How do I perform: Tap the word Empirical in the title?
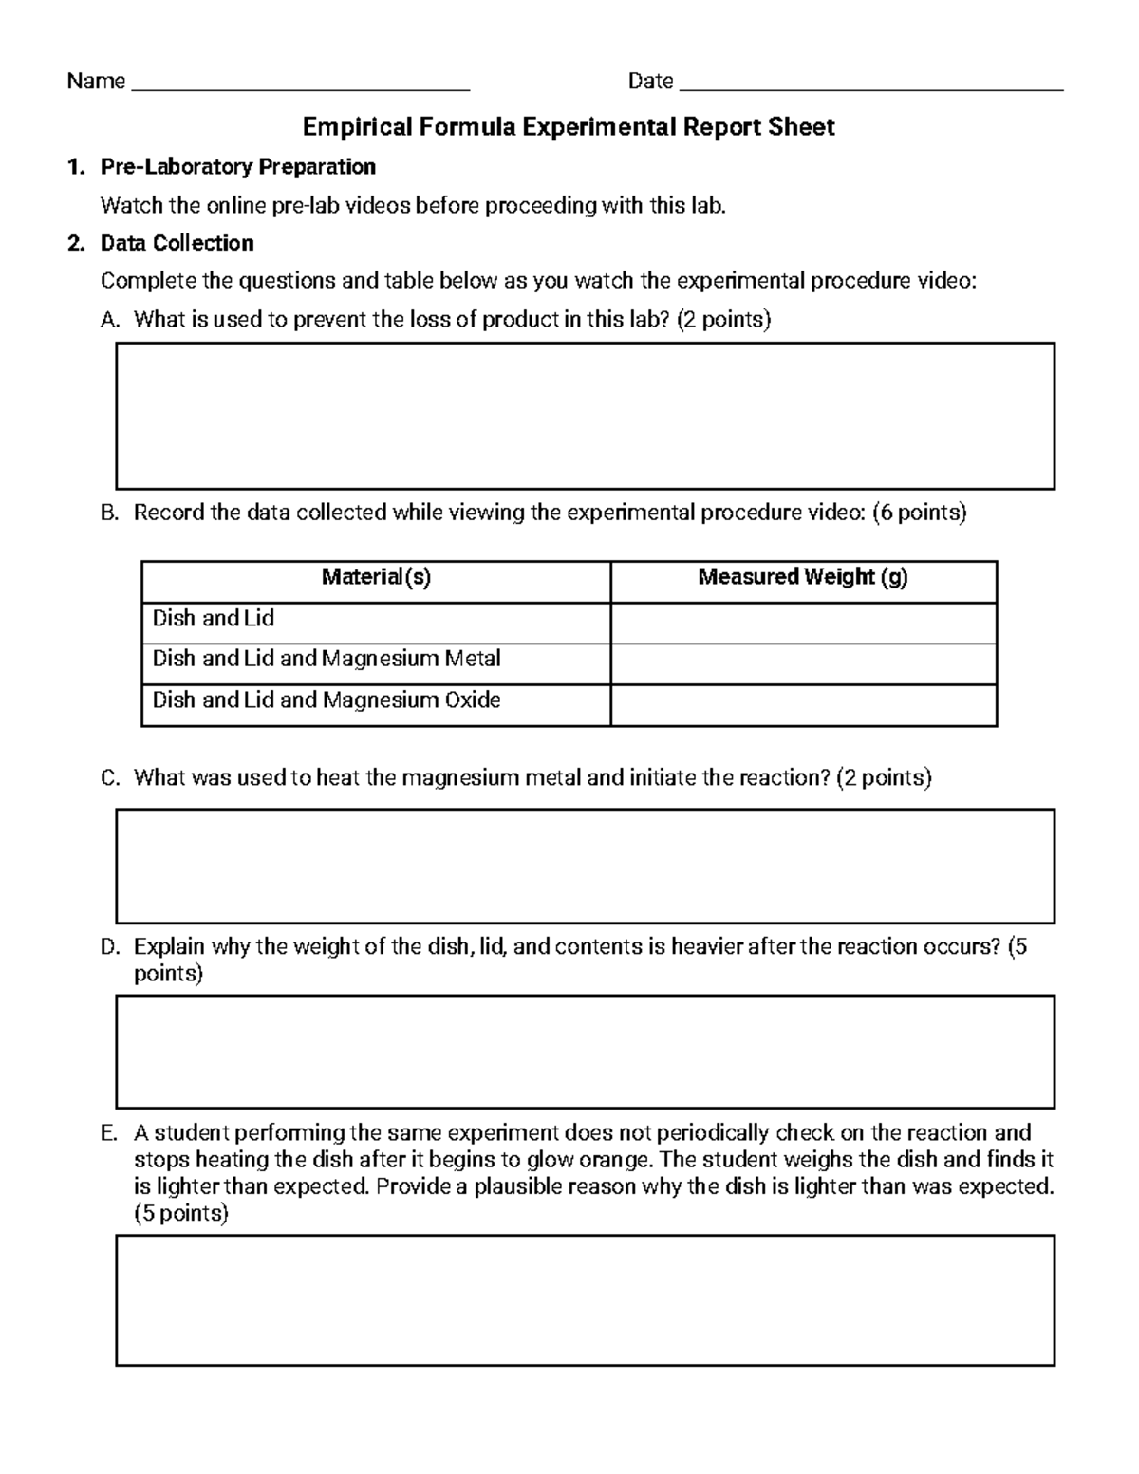point(357,127)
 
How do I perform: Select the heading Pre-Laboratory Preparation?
point(238,167)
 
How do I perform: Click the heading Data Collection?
point(177,243)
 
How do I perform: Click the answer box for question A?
point(585,416)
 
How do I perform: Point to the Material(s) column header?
point(376,577)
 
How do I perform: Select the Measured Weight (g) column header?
point(803,577)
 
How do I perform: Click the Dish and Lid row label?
point(214,619)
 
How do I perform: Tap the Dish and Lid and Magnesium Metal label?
point(327,659)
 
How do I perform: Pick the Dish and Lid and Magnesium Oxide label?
point(327,700)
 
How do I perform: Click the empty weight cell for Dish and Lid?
point(803,623)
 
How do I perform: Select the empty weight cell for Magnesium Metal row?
point(803,663)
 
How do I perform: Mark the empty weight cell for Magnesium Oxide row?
point(803,705)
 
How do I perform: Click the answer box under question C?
point(585,866)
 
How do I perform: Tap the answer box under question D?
point(585,1051)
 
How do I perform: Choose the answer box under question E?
point(585,1299)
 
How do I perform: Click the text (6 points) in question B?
point(920,513)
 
